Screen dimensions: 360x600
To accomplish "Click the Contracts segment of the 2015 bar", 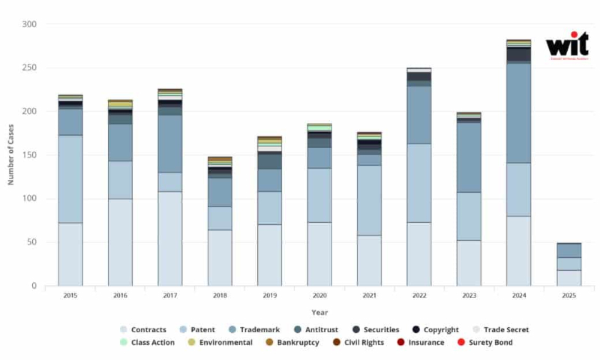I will (70, 254).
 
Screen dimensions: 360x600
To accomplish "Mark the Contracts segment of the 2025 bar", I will (568, 277).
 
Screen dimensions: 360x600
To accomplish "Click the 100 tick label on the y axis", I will (28, 199).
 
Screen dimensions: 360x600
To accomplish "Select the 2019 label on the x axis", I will (269, 295).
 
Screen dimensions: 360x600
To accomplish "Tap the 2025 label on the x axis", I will (568, 295).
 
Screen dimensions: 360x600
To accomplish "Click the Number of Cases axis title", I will (11, 154).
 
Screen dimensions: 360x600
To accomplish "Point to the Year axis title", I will (319, 312).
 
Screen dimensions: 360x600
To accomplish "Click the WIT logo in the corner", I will (567, 45).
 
